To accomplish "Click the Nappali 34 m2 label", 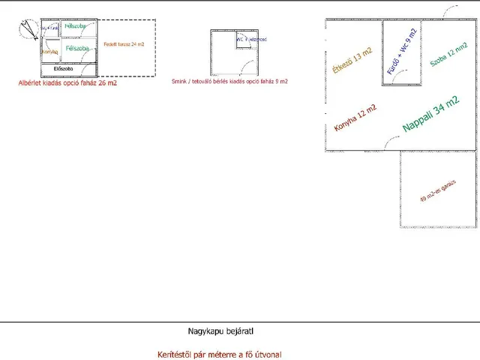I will coord(431,115).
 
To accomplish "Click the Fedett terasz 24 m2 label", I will coord(124,45).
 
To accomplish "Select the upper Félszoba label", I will coord(75,26).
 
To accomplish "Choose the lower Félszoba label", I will coord(77,49).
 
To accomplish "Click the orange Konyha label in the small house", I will coord(50,51).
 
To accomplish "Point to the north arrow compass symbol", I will coord(29,28).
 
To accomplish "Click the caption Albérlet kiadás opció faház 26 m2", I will coord(67,83).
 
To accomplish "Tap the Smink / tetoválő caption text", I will coord(229,81).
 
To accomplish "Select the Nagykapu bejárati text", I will coord(226,330).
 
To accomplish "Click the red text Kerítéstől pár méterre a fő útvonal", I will coord(220,354).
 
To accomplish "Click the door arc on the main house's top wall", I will coord(450,13).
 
